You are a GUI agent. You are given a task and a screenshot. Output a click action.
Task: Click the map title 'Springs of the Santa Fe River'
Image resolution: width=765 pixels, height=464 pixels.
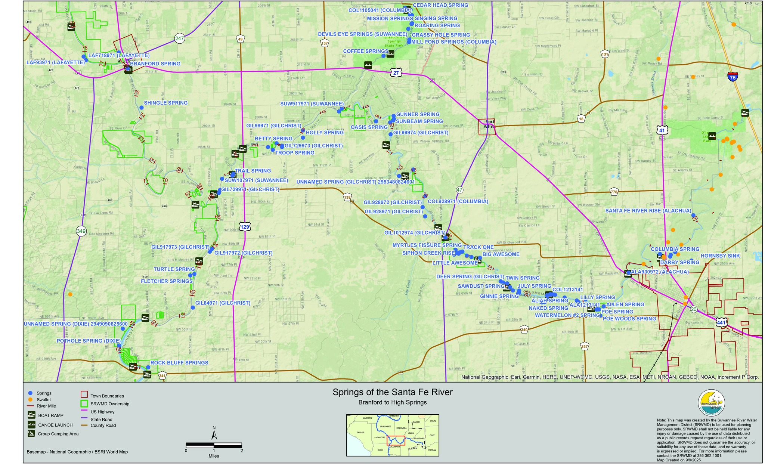pyautogui.click(x=392, y=392)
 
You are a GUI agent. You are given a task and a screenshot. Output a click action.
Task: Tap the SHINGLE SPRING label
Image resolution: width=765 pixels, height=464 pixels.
pyautogui.click(x=165, y=103)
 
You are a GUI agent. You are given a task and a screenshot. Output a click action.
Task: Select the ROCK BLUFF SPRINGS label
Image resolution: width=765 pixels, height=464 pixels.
pyautogui.click(x=179, y=363)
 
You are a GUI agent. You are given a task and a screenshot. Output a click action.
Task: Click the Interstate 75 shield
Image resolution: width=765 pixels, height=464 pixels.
pyautogui.click(x=733, y=77)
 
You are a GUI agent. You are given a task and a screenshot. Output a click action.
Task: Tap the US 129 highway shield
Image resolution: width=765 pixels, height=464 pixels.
pyautogui.click(x=245, y=227)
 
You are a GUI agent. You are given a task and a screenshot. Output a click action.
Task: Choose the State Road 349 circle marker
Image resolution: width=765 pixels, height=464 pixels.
pyautogui.click(x=81, y=231)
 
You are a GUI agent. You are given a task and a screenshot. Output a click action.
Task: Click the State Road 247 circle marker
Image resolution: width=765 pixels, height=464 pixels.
pyautogui.click(x=180, y=38)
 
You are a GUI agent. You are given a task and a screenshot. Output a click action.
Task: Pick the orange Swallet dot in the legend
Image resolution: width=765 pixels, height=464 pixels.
pyautogui.click(x=31, y=400)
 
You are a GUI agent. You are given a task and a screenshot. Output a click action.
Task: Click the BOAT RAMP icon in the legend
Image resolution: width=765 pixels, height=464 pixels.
pyautogui.click(x=32, y=415)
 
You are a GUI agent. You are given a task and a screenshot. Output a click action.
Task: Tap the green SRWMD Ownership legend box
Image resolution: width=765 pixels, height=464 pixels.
pyautogui.click(x=84, y=403)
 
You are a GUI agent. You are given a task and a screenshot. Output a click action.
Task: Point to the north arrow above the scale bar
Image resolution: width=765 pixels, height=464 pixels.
pyautogui.click(x=214, y=434)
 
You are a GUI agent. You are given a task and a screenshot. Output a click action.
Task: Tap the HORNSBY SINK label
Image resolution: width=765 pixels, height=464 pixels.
pyautogui.click(x=715, y=256)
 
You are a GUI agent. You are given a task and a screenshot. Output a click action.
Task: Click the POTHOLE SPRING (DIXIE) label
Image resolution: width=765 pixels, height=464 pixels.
pyautogui.click(x=89, y=341)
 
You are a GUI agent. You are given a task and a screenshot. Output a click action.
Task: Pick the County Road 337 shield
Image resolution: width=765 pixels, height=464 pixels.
pyautogui.click(x=585, y=346)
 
